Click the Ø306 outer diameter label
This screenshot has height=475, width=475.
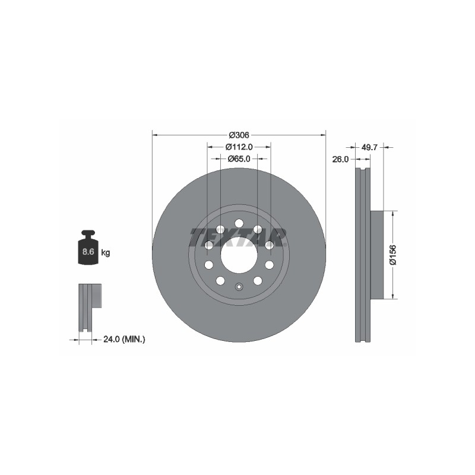pos(239,135)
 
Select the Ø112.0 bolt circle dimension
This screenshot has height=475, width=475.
pos(239,147)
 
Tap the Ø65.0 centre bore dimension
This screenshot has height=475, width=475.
pos(239,159)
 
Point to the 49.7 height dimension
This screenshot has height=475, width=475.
pos(369,147)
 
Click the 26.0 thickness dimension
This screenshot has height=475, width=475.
pos(340,159)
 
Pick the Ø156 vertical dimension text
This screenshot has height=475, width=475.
pos(393,255)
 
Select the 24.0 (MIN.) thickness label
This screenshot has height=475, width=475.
pos(124,340)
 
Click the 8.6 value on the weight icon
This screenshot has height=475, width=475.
pos(88,251)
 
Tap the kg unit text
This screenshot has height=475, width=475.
pos(106,252)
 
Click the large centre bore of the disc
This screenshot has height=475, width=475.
pos(239,255)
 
